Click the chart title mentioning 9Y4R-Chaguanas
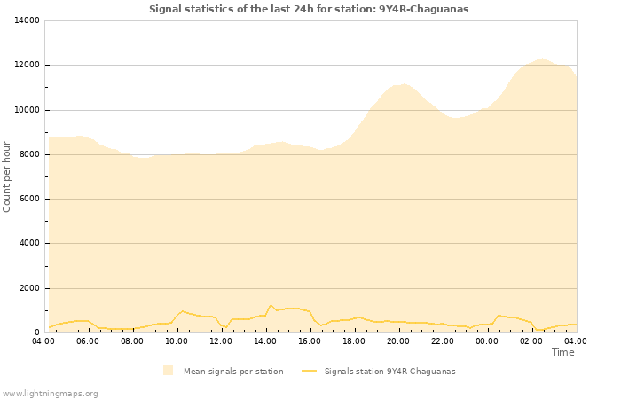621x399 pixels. pyautogui.click(x=309, y=9)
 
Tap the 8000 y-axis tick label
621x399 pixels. pyautogui.click(x=28, y=154)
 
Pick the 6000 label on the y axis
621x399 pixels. pyautogui.click(x=28, y=199)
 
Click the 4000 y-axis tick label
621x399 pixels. pyautogui.click(x=28, y=243)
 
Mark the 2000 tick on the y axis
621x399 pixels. pyautogui.click(x=28, y=288)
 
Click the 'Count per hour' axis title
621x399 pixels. pyautogui.click(x=8, y=176)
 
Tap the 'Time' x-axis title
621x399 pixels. pyautogui.click(x=562, y=352)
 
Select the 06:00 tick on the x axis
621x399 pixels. pyautogui.click(x=88, y=340)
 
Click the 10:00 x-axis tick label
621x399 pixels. pyautogui.click(x=177, y=340)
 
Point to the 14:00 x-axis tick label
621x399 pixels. pyautogui.click(x=265, y=340)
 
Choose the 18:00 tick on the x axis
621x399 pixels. pyautogui.click(x=354, y=340)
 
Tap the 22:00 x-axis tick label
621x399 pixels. pyautogui.click(x=443, y=340)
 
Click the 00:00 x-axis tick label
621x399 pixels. pyautogui.click(x=487, y=340)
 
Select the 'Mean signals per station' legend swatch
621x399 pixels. pyautogui.click(x=169, y=371)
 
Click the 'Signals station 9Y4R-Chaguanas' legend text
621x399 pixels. pyautogui.click(x=389, y=371)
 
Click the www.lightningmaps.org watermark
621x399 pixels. pyautogui.click(x=51, y=393)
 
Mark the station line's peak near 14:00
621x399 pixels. pyautogui.click(x=271, y=305)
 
